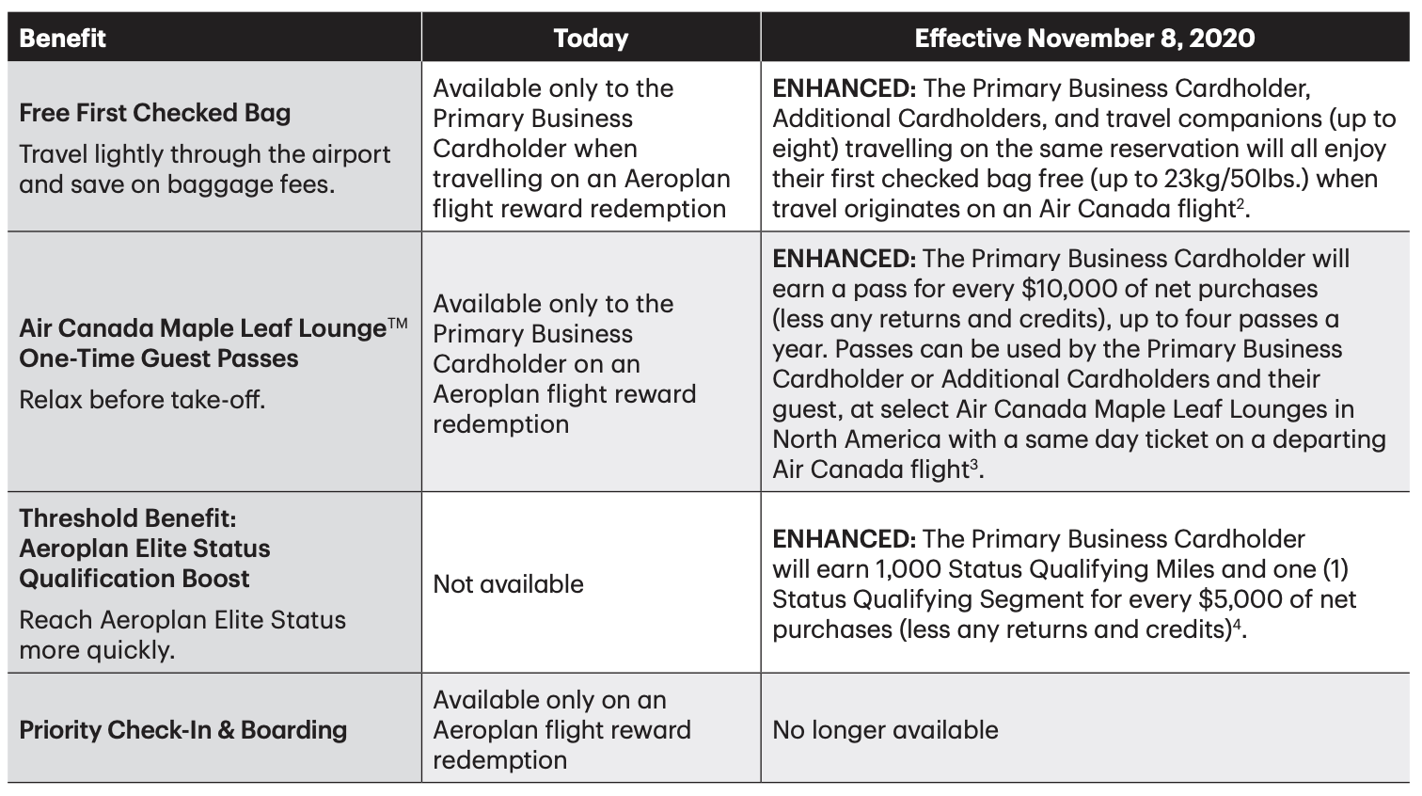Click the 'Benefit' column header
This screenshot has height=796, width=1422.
(63, 39)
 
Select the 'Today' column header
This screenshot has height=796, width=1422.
(590, 39)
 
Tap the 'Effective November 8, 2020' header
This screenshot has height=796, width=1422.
(1084, 39)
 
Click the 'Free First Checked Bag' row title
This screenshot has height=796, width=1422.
(155, 113)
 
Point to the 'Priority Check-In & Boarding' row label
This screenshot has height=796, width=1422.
(183, 730)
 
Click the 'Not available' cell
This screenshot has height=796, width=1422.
(508, 584)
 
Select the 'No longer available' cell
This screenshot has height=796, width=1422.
(885, 730)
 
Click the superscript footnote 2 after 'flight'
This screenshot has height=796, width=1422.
(1241, 201)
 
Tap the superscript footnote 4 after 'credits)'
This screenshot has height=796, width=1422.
(1239, 623)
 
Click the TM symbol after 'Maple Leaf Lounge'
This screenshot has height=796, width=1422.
(398, 324)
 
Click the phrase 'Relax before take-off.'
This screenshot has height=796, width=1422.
(142, 400)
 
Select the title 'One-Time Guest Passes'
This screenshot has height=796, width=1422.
(159, 358)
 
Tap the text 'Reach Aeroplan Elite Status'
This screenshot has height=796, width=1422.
(182, 620)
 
